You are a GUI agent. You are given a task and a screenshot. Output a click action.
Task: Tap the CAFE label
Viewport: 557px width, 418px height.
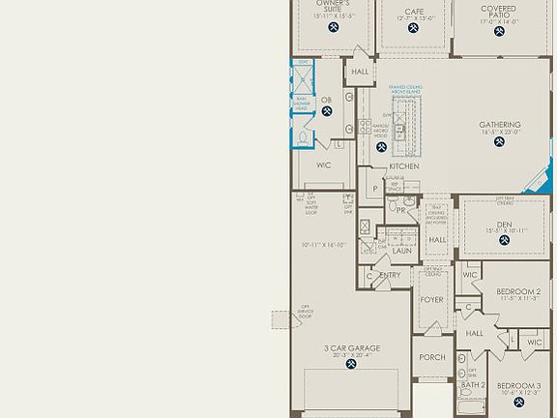click(414, 9)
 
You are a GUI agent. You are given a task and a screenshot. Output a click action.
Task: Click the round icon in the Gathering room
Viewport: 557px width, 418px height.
click(500, 142)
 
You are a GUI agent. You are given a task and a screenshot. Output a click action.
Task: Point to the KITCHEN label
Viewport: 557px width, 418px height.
click(403, 166)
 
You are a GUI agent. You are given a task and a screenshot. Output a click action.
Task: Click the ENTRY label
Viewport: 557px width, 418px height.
click(390, 276)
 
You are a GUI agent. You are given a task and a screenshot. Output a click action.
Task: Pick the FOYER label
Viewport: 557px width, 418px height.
click(430, 299)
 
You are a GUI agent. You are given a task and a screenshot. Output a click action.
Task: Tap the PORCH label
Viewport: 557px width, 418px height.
click(432, 357)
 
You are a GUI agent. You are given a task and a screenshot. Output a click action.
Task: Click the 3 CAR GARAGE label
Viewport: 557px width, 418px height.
click(352, 347)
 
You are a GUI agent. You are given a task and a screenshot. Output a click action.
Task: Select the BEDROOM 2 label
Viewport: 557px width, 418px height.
click(518, 291)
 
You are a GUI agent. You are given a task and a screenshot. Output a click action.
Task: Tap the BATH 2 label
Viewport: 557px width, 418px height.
click(473, 384)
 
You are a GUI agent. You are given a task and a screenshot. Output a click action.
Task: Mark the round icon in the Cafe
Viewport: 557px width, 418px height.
click(414, 29)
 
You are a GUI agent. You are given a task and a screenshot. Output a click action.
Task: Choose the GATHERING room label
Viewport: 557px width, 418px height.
click(500, 125)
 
